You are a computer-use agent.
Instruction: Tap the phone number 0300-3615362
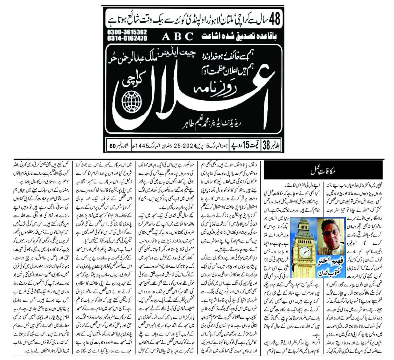coord(127,32)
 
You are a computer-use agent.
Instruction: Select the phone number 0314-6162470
coord(127,38)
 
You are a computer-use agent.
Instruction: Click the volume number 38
coord(265,145)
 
